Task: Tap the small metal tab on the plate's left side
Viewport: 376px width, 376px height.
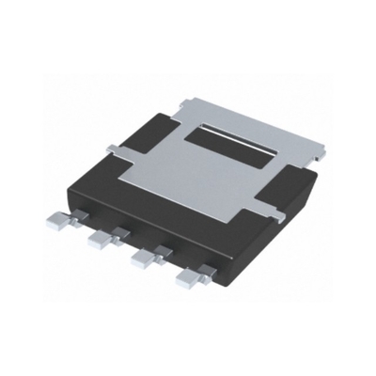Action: (112, 148)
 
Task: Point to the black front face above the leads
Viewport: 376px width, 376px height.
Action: (141, 221)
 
